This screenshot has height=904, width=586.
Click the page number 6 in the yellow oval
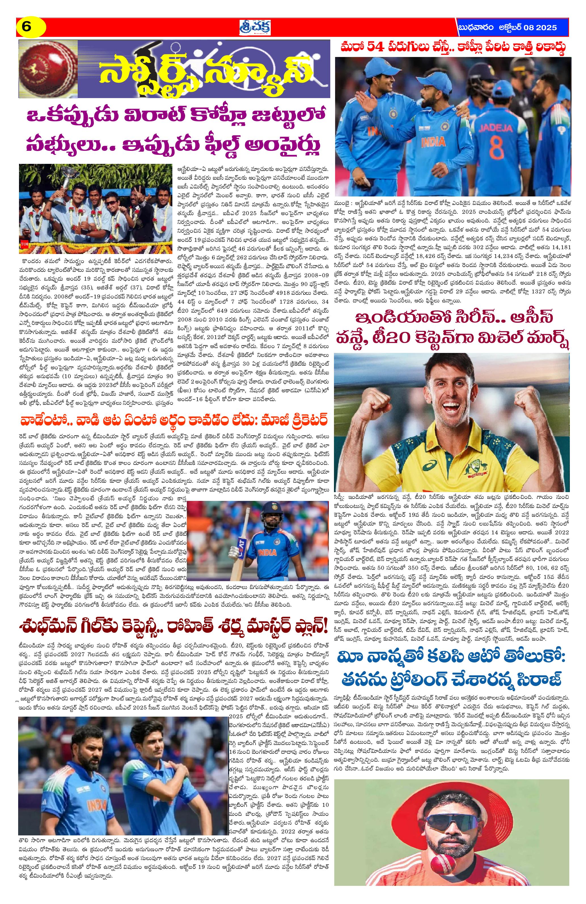(27, 27)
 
